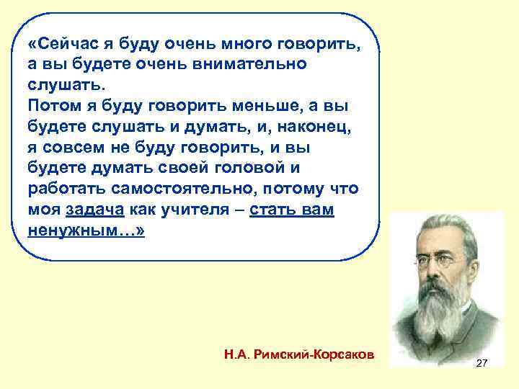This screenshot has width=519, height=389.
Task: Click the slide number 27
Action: click(x=482, y=364)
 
